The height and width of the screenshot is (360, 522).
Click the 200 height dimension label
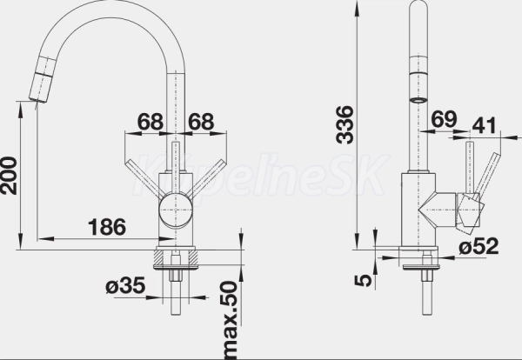pos(9,176)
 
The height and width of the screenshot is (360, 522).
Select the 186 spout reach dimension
pos(107,227)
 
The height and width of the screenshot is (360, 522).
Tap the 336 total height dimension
pos(345,125)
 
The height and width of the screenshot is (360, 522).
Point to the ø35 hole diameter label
pos(126,285)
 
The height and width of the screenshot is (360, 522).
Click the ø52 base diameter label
pos(478,246)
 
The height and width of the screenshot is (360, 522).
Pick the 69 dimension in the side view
pos(445,119)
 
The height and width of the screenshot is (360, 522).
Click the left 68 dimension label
pos(151,122)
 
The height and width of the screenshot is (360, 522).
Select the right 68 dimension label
pos(201,122)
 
